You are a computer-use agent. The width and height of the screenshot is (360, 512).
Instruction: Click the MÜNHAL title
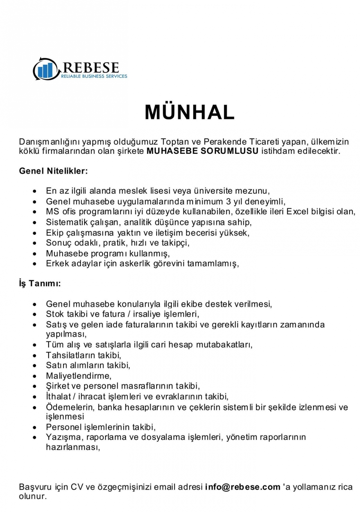189,112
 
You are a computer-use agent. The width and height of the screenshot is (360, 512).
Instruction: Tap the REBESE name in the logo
91,67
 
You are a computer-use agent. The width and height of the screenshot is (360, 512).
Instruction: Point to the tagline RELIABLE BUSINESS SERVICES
94,76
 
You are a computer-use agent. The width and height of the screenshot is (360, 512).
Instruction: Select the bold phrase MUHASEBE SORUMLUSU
202,151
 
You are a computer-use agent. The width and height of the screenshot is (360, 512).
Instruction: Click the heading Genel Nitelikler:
53,171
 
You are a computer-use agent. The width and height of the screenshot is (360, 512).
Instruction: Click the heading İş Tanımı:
40,284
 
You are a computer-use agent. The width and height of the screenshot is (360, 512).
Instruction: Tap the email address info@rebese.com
243,487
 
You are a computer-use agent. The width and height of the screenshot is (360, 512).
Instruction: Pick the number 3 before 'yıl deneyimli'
228,202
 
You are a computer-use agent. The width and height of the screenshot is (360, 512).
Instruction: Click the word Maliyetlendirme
78,376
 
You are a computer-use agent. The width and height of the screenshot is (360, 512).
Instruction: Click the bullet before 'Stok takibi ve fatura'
35,315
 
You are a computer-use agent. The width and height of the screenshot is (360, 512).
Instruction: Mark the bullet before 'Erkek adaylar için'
35,264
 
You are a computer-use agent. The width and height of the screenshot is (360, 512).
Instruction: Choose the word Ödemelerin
70,407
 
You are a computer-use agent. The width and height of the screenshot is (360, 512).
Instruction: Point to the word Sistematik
67,222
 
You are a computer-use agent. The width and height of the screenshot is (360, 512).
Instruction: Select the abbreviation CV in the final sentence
77,487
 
